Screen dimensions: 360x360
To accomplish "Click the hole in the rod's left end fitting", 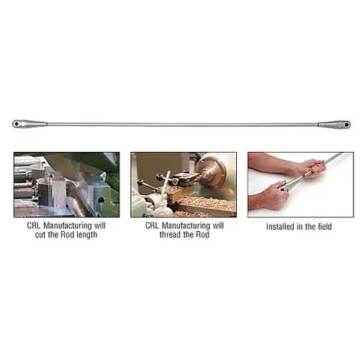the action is click(17, 124).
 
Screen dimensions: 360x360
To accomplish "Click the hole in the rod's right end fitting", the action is click(346, 125).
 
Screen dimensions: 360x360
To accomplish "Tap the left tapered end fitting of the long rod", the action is click(30, 124).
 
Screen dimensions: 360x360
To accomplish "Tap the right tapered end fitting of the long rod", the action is click(334, 125).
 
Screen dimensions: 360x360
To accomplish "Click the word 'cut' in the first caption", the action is click(40, 235).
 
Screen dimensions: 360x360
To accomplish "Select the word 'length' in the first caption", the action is click(86, 235).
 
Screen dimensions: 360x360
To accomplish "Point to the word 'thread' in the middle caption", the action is click(170, 235).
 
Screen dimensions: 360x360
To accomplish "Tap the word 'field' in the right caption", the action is click(325, 227).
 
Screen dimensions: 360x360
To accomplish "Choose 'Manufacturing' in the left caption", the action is click(68, 226).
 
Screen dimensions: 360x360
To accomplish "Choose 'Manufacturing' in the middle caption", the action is click(186, 226).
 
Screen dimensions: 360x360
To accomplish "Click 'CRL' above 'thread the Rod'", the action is click(153, 226).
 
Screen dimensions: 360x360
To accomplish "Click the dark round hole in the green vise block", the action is click(102, 199).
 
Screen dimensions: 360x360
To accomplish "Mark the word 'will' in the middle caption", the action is click(218, 226).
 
